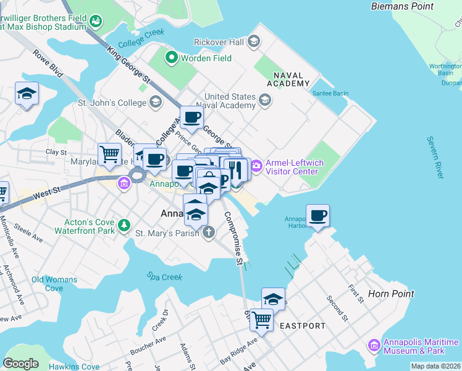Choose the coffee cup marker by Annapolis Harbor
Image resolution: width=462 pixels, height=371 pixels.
tap(317, 216)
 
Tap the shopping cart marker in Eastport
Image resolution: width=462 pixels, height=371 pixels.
tap(261, 320)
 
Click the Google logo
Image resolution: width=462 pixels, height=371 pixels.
tap(20, 364)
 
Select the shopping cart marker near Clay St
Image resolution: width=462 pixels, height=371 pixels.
tap(110, 153)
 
